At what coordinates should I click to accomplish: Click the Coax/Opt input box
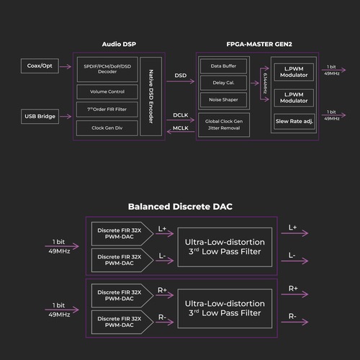click(40, 66)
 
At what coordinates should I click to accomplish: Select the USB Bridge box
click(40, 117)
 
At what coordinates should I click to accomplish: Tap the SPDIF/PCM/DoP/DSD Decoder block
click(107, 69)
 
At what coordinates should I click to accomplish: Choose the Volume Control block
click(107, 91)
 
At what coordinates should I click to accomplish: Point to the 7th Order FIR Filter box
click(107, 109)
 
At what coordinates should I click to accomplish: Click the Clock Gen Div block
click(107, 128)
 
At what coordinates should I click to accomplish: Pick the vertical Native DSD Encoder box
click(151, 96)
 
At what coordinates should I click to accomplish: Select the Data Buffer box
click(223, 66)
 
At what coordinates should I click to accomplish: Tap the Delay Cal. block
click(223, 83)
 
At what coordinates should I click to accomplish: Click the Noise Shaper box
click(223, 99)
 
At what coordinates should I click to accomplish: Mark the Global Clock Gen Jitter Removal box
click(224, 125)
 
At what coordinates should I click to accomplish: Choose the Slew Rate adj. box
click(294, 122)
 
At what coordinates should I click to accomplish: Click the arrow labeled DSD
click(181, 81)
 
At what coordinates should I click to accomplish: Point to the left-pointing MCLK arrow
click(181, 131)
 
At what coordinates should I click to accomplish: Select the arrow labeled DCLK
click(181, 120)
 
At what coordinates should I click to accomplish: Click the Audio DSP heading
click(119, 44)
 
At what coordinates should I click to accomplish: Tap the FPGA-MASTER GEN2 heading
click(259, 44)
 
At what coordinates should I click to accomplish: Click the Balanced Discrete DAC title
click(180, 207)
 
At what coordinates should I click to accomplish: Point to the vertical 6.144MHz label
click(265, 84)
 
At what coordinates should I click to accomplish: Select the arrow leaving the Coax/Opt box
click(66, 66)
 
